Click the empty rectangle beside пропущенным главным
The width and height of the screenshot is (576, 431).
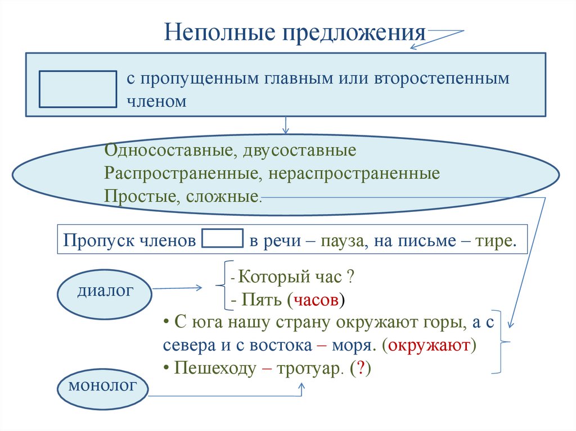78,88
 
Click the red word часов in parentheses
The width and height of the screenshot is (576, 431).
316,299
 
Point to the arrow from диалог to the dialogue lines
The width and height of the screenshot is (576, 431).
178,288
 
